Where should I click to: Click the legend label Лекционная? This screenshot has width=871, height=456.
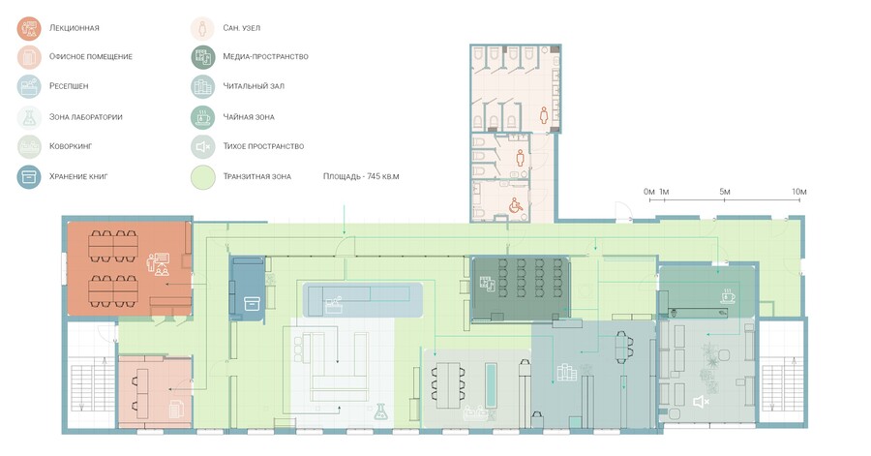[74, 28]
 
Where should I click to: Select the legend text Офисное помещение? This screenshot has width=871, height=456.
[91, 57]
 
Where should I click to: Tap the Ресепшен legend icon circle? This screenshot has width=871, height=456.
[29, 86]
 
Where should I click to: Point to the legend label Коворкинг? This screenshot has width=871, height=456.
[71, 146]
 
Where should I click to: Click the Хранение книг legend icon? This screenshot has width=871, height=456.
[29, 177]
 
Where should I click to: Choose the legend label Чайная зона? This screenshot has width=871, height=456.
[249, 117]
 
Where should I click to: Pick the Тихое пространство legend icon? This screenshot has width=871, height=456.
[203, 146]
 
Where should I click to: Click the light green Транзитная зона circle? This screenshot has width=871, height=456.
[203, 177]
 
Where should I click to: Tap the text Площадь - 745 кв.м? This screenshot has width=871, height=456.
[361, 176]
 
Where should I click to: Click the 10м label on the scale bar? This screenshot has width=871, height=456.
[799, 192]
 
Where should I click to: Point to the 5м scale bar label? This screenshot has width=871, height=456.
[725, 192]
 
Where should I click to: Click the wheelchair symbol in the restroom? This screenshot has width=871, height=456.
[516, 205]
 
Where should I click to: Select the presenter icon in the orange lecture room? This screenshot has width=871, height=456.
[159, 264]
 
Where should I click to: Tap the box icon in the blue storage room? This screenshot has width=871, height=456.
[253, 303]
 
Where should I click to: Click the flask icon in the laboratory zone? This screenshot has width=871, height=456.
[380, 411]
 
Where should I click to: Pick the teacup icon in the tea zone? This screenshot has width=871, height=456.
[728, 295]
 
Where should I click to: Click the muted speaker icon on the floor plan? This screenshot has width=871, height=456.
[701, 401]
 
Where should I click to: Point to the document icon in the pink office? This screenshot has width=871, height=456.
[176, 409]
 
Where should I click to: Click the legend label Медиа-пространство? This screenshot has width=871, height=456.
[265, 57]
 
